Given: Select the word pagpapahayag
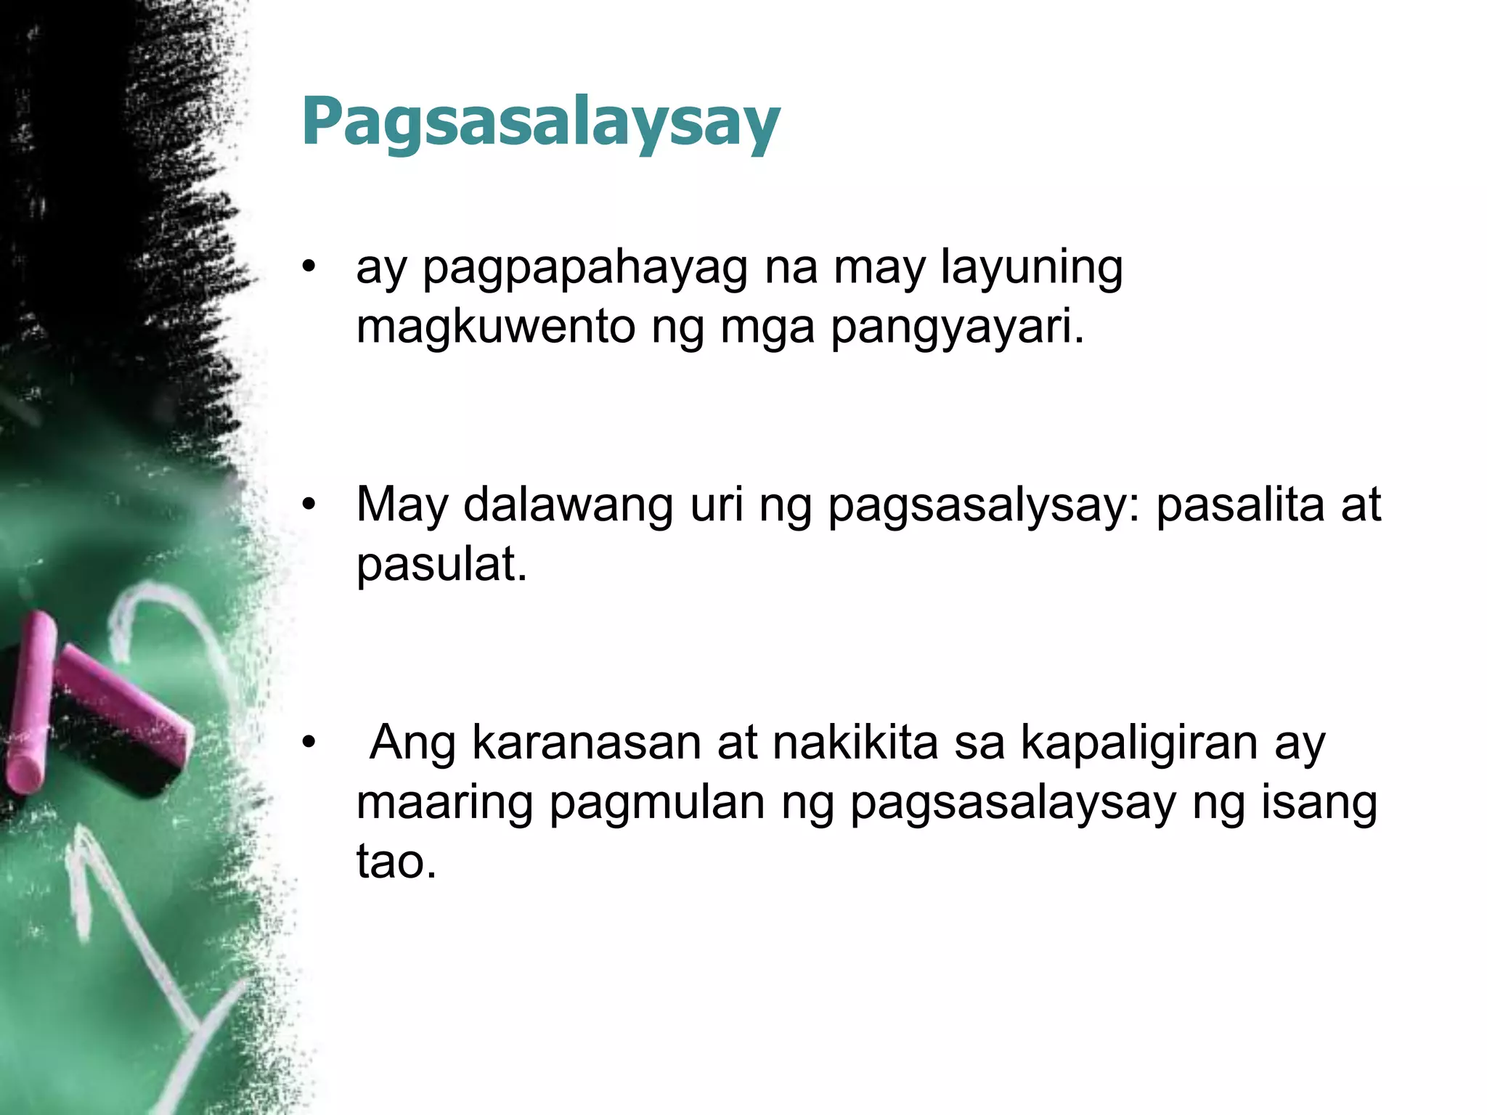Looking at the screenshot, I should tap(584, 269).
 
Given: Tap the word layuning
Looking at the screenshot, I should tap(1032, 269).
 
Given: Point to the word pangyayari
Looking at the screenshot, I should tap(956, 328).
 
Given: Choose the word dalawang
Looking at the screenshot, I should tap(568, 505).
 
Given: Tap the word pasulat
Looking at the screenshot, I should tap(441, 565).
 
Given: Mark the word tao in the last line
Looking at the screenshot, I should tap(396, 862).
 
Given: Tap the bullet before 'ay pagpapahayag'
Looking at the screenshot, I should tap(310, 268).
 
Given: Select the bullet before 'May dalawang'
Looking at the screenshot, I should tap(310, 505).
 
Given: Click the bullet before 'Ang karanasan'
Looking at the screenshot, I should tap(310, 743).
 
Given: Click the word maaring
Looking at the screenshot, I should tap(444, 804).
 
